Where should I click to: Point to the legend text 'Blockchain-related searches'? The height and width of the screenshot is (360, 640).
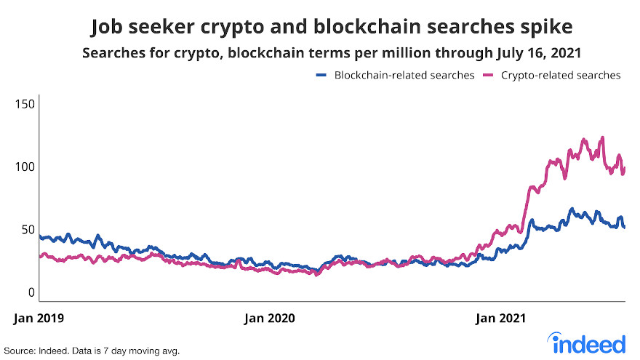(404, 75)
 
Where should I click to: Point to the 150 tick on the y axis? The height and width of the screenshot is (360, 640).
(25, 105)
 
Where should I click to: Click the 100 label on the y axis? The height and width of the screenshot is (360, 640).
(25, 167)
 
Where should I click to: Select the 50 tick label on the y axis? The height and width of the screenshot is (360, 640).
(27, 229)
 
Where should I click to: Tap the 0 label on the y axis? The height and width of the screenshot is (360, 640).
(31, 292)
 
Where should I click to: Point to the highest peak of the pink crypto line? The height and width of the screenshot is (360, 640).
(602, 137)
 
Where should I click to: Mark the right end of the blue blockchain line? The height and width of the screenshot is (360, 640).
(625, 227)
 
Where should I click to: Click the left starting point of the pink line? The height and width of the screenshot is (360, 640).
(40, 257)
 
